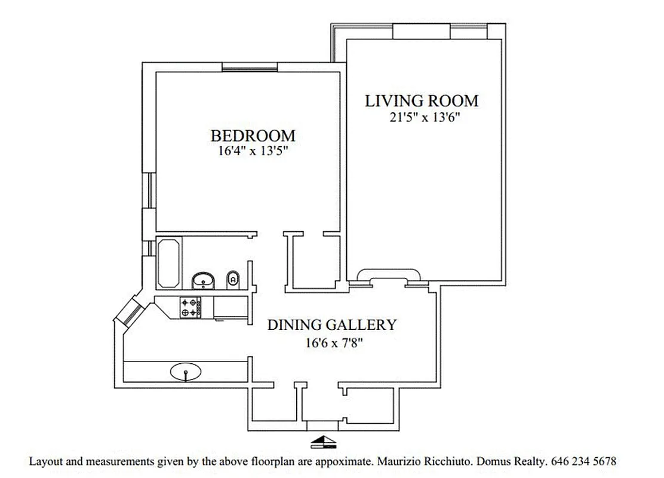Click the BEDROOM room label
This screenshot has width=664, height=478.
point(252,136)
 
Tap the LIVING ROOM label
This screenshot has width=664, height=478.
point(422,100)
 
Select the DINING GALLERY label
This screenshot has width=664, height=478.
point(331,325)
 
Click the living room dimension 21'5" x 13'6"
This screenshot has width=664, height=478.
point(424,117)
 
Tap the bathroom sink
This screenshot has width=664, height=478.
point(204,280)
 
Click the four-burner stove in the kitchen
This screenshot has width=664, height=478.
point(190,307)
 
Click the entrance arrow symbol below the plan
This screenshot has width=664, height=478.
point(324,442)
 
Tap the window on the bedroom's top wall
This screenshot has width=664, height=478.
point(250,67)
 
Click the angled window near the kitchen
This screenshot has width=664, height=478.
point(129,312)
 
